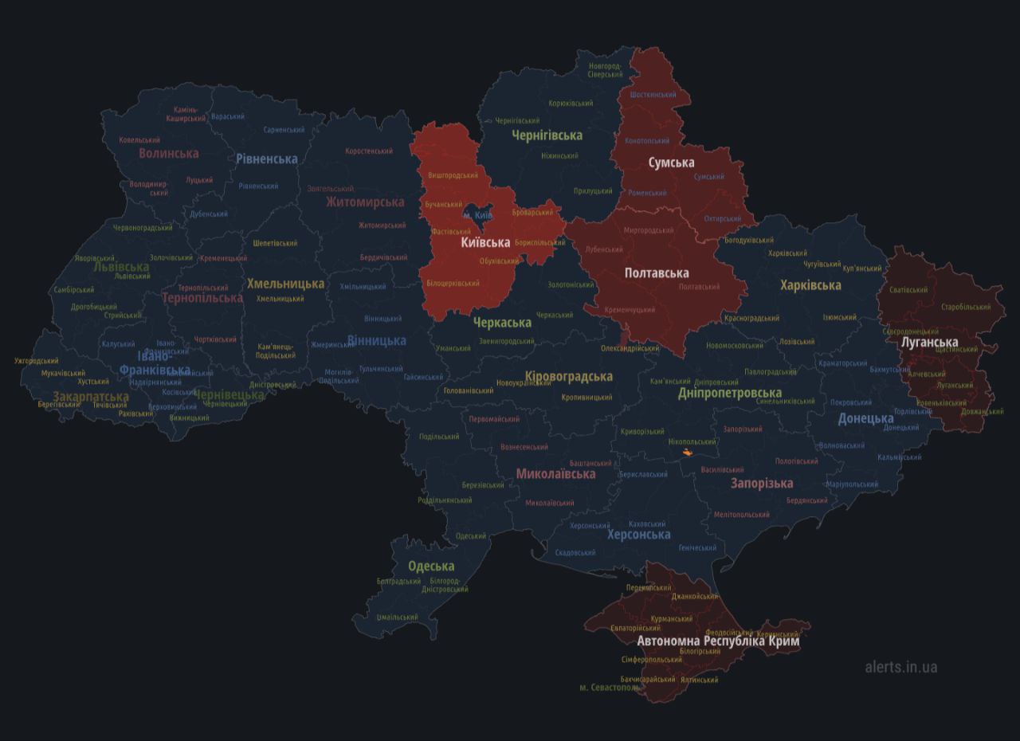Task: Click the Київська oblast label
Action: coord(485,242)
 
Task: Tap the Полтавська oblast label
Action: coord(657,273)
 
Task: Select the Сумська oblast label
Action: coord(671,163)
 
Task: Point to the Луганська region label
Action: coord(929,343)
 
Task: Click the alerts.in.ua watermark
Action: coord(901,667)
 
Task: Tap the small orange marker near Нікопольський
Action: coord(687,453)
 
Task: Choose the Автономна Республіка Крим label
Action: coord(718,641)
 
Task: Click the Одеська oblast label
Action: coord(431,567)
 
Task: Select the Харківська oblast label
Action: coord(810,285)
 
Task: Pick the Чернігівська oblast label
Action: coord(547,135)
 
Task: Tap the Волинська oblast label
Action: coord(169,153)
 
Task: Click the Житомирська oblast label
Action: coord(365,202)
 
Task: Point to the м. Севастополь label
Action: coord(610,687)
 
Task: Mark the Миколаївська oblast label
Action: coord(555,474)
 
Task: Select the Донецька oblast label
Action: coord(865,418)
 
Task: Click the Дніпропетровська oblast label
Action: coord(730,393)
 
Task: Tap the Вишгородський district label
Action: coord(453,175)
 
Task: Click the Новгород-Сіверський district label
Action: coord(606,70)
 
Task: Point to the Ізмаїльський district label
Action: coord(397,617)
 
